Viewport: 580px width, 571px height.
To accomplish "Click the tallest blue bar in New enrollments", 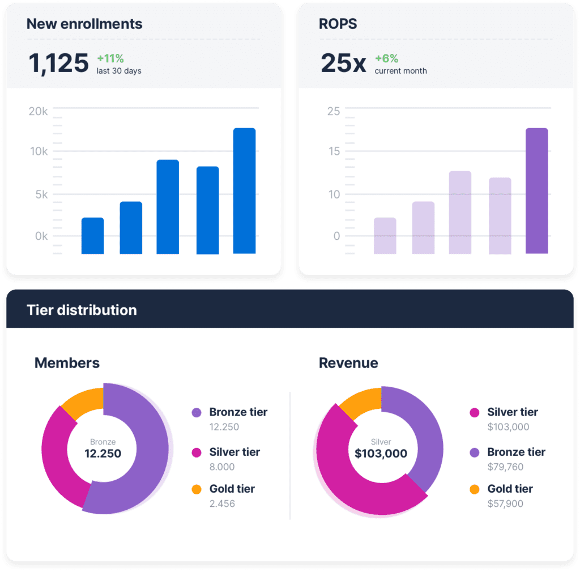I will [x=244, y=191].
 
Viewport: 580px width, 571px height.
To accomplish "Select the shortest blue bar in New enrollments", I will [x=92, y=236].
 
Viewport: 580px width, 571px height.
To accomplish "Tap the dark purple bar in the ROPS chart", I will [x=536, y=191].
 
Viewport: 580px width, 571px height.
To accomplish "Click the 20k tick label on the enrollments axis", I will [x=38, y=111].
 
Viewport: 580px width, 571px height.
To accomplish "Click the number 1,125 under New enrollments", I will [x=58, y=63].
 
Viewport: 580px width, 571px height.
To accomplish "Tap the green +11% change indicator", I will [x=110, y=58].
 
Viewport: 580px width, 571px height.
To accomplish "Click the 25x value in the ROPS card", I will [x=343, y=63].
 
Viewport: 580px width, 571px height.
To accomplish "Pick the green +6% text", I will [x=386, y=58].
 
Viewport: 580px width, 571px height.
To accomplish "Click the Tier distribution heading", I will [x=82, y=310].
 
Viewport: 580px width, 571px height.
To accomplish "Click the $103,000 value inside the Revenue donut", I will [x=381, y=454].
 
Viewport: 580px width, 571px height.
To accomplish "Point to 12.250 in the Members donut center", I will [x=103, y=454].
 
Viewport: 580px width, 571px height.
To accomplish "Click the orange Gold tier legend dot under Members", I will [x=197, y=489].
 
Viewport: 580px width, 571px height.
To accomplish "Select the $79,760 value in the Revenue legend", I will [x=505, y=467].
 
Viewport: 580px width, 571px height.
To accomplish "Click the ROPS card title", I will [x=338, y=24].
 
